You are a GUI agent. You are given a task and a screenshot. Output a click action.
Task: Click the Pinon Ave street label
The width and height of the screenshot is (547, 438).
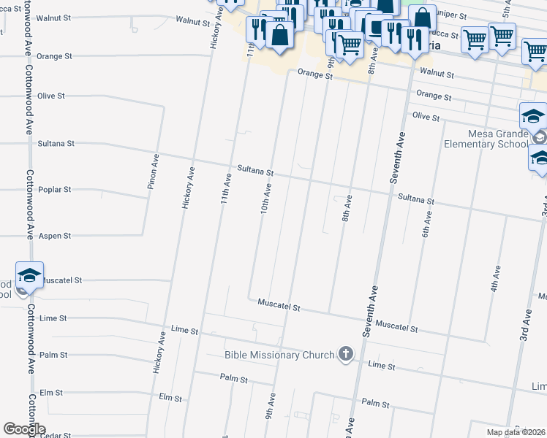click(154, 172)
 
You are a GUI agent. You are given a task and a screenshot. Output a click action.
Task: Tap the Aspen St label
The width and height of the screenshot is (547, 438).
click(56, 236)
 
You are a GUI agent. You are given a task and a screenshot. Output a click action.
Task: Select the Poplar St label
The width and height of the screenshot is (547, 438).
click(56, 189)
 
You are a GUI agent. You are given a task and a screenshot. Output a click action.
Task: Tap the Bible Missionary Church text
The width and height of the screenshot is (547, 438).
click(280, 356)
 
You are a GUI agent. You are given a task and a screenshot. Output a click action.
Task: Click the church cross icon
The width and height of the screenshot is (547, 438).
click(346, 355)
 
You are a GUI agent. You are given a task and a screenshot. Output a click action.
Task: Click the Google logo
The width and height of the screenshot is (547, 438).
click(24, 429)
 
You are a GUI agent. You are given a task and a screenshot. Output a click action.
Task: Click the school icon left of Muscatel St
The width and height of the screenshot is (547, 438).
click(29, 275)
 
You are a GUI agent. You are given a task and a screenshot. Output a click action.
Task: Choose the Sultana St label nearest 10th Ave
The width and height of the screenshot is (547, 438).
click(255, 173)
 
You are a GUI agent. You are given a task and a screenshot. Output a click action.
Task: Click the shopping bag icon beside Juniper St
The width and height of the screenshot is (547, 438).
click(422, 18)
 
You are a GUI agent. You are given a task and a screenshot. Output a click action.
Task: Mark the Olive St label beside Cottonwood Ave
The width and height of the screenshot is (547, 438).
click(51, 96)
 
